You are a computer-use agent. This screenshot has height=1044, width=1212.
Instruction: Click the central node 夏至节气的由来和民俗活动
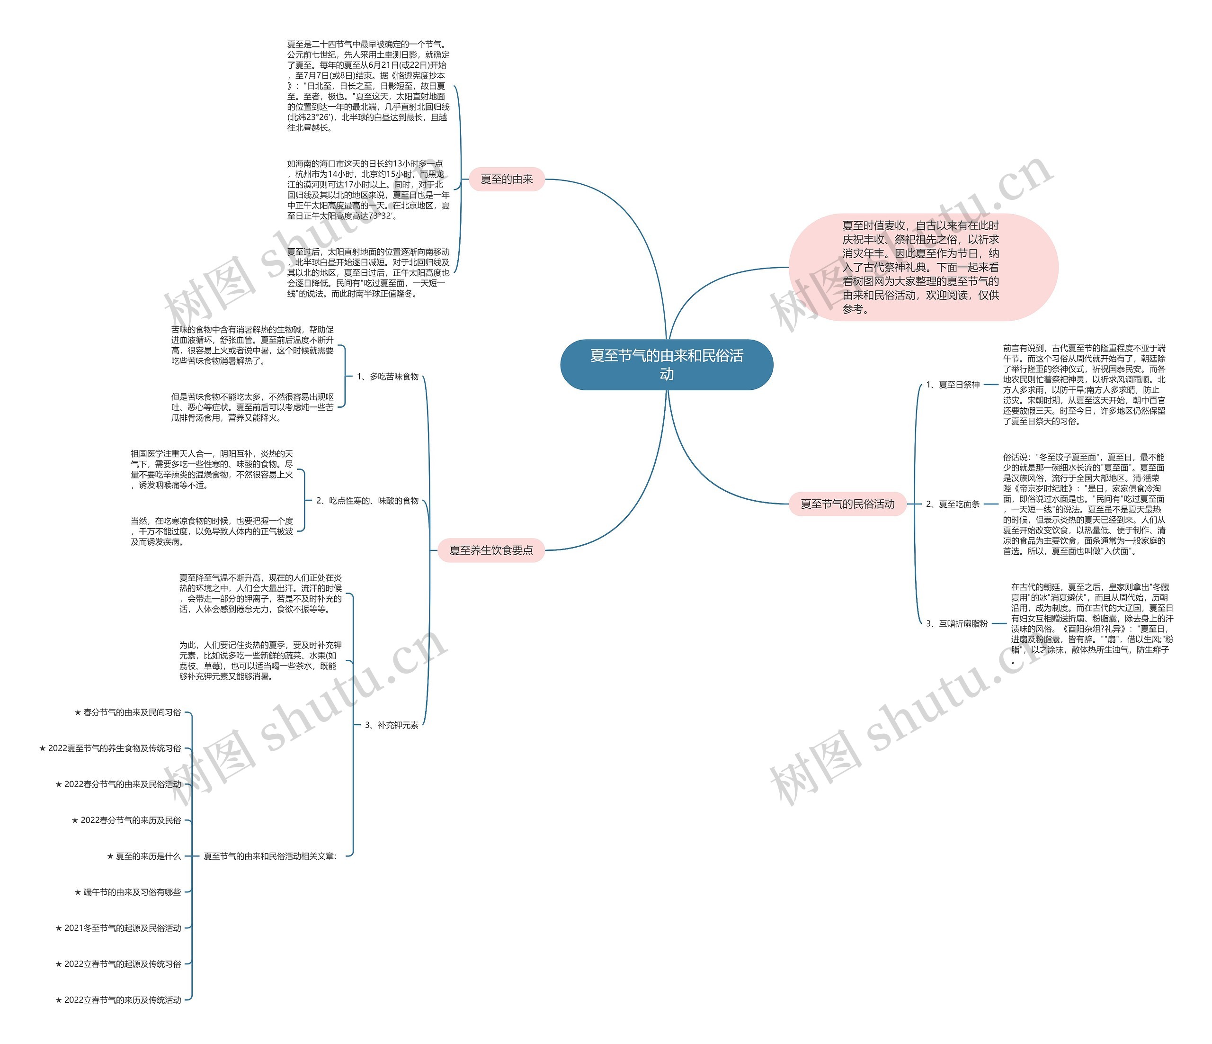(x=666, y=365)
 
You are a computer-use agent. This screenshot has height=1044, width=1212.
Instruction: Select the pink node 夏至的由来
(x=507, y=179)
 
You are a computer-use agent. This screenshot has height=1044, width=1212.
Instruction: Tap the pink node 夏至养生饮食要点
(x=491, y=550)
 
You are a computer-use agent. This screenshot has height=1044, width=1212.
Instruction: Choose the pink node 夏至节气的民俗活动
(x=847, y=504)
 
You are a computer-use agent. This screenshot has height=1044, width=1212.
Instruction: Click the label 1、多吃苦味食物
(x=387, y=376)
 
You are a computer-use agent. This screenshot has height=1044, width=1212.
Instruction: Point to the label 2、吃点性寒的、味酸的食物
(x=367, y=500)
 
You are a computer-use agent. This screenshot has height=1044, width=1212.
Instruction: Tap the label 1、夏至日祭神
(x=952, y=385)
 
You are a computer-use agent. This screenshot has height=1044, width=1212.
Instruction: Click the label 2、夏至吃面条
(x=952, y=504)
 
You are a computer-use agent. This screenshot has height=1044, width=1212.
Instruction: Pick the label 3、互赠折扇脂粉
(x=956, y=623)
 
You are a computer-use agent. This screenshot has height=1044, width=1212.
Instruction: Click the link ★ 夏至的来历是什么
(x=144, y=856)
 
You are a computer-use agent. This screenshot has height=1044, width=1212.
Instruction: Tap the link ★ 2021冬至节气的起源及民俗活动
(x=118, y=927)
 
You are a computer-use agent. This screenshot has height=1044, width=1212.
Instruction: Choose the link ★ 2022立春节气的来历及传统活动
(x=118, y=999)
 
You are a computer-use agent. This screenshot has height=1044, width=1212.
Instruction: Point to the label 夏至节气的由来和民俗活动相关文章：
(x=270, y=856)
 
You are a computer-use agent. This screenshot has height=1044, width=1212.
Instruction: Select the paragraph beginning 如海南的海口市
(x=368, y=189)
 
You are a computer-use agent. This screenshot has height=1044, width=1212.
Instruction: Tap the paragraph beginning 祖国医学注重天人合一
(x=212, y=469)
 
